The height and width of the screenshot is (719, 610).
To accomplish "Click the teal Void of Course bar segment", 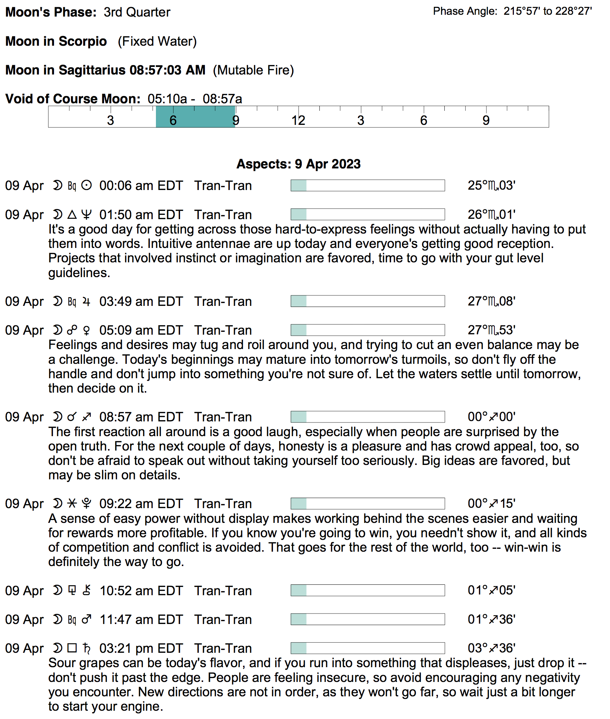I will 195,117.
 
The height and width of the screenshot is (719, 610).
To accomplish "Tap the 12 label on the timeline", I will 298,120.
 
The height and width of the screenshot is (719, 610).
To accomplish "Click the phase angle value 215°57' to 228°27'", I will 547,11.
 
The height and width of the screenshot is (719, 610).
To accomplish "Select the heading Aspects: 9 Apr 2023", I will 298,164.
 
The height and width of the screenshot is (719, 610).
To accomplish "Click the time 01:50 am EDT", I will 141,215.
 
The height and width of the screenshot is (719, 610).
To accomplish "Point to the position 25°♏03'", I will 491,186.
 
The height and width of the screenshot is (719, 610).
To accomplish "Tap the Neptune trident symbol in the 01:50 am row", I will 86,215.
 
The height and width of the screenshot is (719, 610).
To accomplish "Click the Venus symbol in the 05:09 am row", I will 86,330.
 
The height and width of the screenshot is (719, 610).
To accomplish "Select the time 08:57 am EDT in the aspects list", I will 141,417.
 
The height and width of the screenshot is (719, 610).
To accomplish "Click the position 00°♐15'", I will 491,504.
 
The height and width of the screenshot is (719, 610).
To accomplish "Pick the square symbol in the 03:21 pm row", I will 72,648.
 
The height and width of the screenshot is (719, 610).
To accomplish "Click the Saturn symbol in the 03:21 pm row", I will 86,648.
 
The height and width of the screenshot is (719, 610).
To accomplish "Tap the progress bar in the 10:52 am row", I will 367,591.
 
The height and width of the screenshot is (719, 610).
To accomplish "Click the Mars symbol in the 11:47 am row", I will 86,619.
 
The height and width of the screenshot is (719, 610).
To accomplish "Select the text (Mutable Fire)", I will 253,70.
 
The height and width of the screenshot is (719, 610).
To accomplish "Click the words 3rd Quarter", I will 137,12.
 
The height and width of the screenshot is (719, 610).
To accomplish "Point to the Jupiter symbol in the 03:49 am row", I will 86,302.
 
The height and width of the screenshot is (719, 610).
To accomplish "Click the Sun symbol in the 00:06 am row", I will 86,186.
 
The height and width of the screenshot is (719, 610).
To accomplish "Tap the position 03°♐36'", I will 491,648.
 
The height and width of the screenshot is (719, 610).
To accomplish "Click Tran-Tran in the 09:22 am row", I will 223,504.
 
